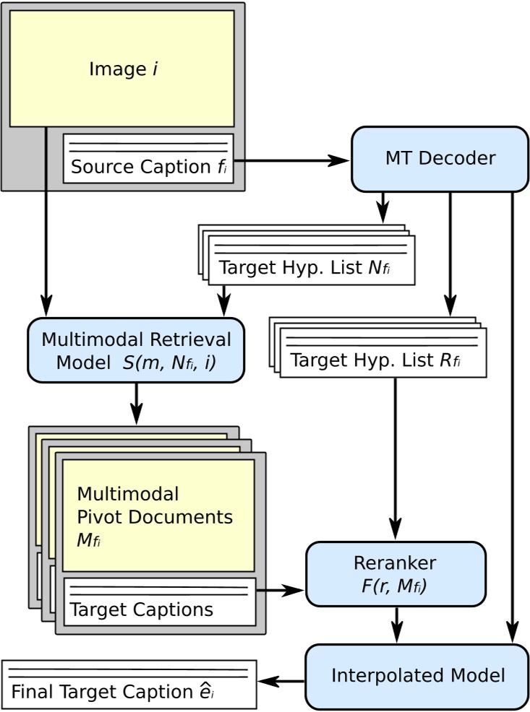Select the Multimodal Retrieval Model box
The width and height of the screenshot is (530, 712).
[136, 350]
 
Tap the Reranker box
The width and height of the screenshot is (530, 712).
[396, 574]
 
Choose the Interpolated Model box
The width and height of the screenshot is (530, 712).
[417, 677]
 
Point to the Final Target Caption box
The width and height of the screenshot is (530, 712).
[129, 685]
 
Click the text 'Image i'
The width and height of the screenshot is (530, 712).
[124, 69]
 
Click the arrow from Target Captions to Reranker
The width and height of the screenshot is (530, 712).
[281, 591]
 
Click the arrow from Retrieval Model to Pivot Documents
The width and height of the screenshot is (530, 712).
[136, 404]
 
